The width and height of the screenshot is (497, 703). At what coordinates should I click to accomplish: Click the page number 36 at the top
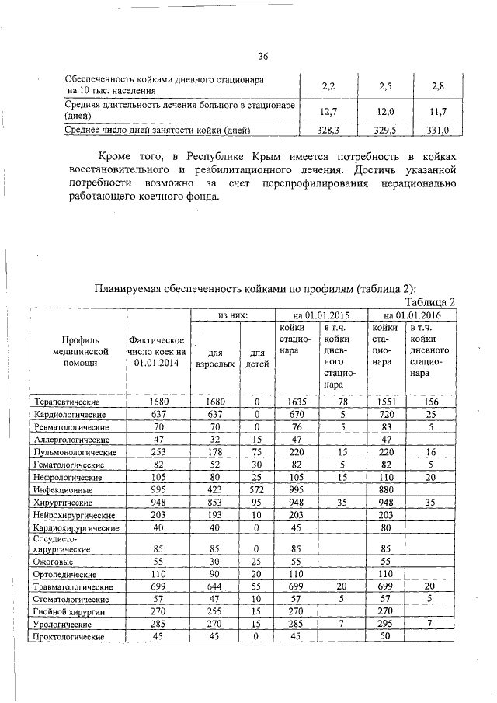(262, 56)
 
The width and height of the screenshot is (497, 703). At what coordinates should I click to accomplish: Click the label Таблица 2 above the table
(431, 301)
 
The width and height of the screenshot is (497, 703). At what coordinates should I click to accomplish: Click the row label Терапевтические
(68, 402)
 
